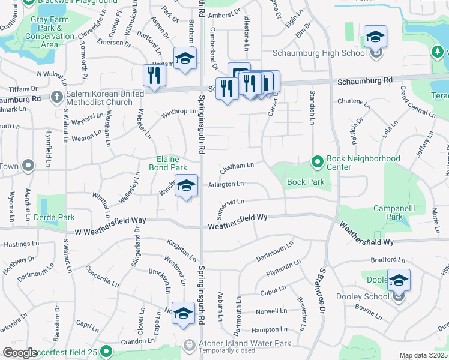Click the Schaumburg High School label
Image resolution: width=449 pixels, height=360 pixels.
319,53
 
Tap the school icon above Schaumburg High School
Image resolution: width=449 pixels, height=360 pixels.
375,37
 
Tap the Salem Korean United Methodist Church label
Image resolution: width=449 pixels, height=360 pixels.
106,98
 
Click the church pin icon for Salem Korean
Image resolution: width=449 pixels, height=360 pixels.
57,97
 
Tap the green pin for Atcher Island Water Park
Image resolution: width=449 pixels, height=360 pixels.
188,344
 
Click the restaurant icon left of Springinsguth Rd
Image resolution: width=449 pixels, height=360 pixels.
154,76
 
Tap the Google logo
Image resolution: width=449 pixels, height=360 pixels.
20,353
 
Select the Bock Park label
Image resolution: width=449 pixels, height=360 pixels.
306,182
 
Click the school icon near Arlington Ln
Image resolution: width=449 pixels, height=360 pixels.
187,186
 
